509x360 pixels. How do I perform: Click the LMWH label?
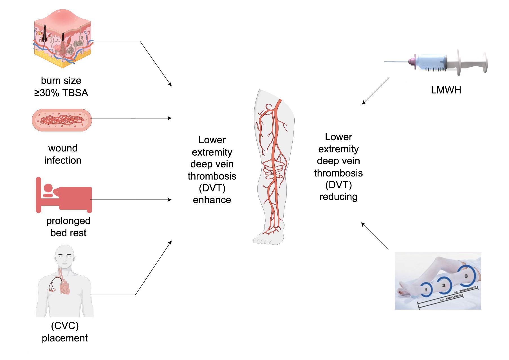(x=446, y=90)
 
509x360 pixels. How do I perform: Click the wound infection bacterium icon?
(x=62, y=120)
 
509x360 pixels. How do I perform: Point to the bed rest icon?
(x=64, y=195)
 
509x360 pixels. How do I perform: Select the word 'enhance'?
(x=212, y=200)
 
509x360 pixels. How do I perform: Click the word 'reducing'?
(x=338, y=197)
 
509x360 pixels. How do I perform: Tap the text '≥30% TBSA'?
(x=61, y=93)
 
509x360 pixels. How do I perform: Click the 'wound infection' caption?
(x=63, y=154)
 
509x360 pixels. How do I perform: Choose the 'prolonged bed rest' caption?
(x=68, y=227)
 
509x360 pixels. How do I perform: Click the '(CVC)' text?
(x=65, y=326)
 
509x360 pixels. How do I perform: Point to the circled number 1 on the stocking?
(x=426, y=290)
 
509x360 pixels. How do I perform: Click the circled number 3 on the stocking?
(x=466, y=276)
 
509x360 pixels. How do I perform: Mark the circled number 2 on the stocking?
(x=444, y=285)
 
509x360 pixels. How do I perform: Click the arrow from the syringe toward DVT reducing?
(x=376, y=91)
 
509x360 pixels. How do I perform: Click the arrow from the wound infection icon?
(x=131, y=118)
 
